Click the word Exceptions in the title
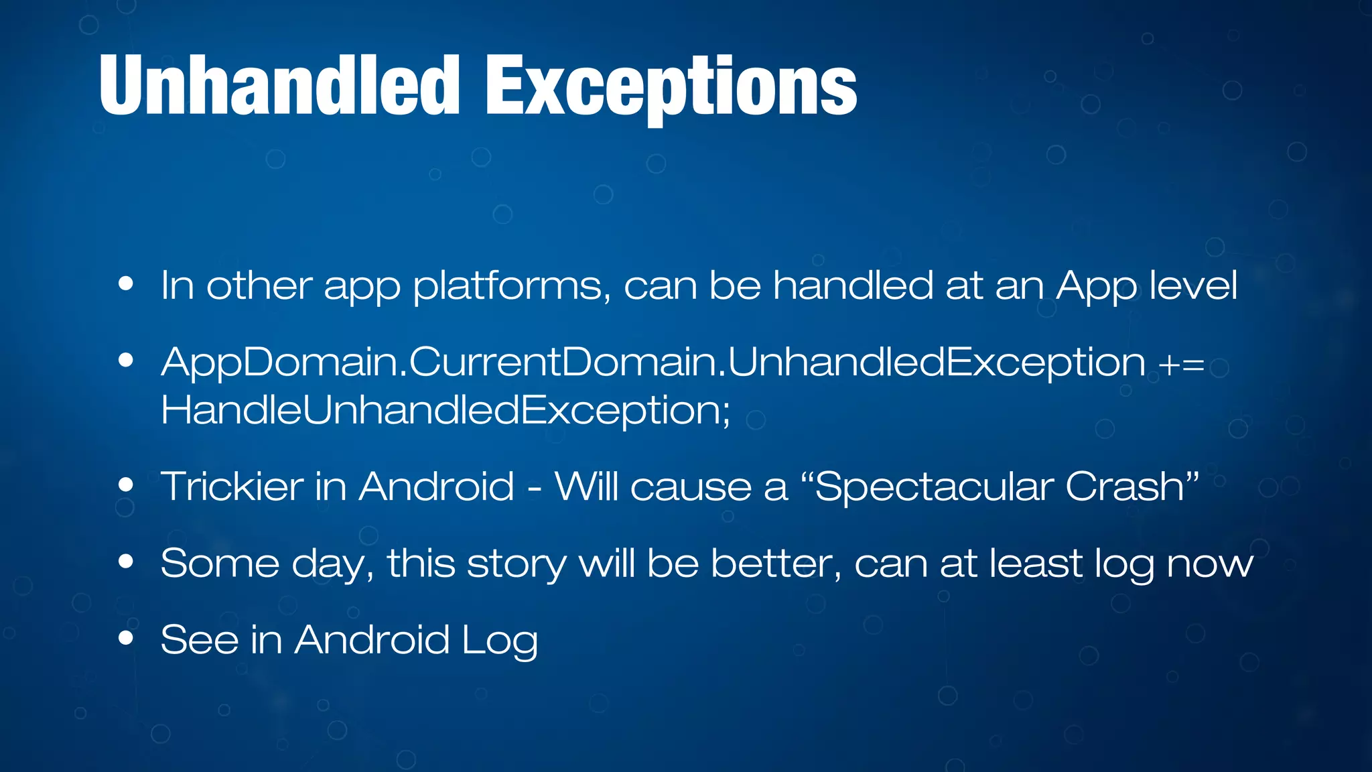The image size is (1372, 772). pyautogui.click(x=671, y=87)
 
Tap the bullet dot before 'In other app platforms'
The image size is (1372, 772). pyautogui.click(x=125, y=284)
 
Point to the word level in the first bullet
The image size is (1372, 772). pyautogui.click(x=1192, y=285)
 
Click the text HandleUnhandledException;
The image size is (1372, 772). pyautogui.click(x=445, y=409)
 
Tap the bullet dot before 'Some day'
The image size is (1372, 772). pyautogui.click(x=125, y=562)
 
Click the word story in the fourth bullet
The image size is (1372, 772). pyautogui.click(x=517, y=564)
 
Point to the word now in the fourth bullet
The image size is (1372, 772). pyautogui.click(x=1210, y=564)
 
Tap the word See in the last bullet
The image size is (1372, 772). pyautogui.click(x=199, y=639)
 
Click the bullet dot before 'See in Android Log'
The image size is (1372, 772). pyautogui.click(x=125, y=639)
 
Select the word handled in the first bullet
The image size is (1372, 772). pyautogui.click(x=853, y=285)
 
